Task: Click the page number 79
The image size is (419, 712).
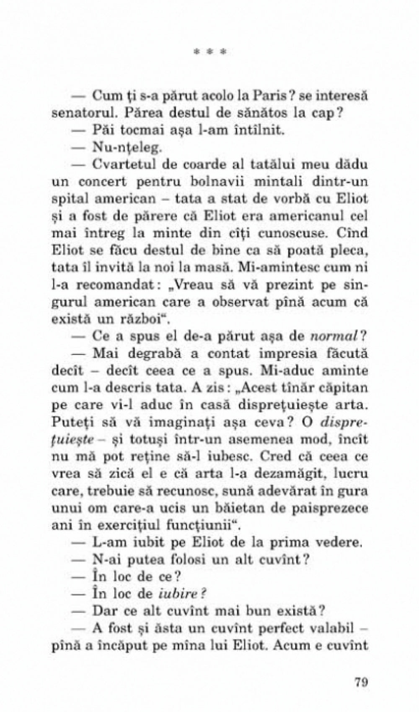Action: click(360, 681)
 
